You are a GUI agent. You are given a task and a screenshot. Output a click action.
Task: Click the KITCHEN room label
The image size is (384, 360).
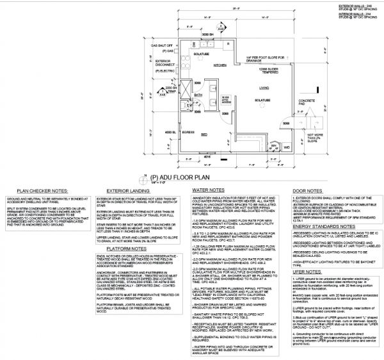coord(220,65)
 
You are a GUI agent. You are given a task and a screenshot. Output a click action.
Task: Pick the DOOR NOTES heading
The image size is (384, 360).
coord(307,190)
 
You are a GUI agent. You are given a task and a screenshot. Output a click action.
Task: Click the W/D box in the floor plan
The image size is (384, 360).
coord(286,147)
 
